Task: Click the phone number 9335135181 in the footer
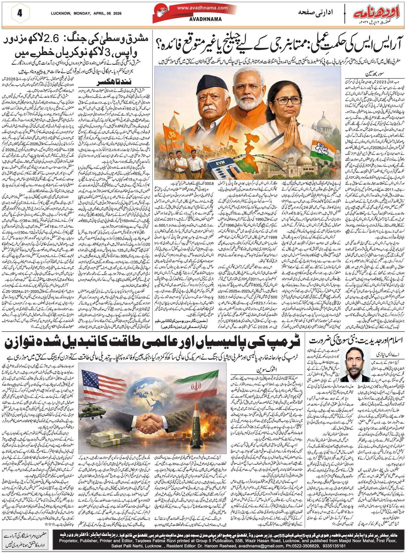(x=331, y=544)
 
